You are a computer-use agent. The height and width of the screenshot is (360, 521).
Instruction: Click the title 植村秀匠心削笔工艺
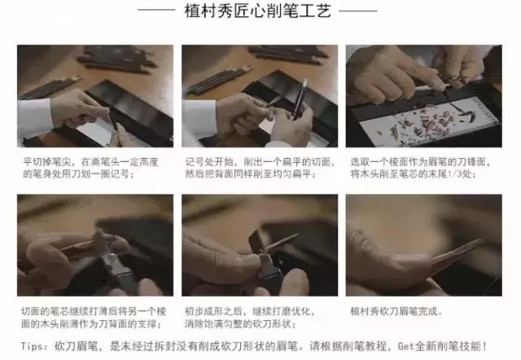tap(258, 11)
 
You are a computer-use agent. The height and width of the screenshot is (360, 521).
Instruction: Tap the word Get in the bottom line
tap(405, 346)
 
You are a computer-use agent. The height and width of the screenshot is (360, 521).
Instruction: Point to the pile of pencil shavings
tap(429, 124)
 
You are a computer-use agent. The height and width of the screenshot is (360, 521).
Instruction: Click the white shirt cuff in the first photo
tap(34, 119)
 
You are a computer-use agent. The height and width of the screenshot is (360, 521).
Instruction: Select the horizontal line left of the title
tap(156, 11)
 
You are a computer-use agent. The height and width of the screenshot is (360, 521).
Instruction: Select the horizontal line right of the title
tap(358, 11)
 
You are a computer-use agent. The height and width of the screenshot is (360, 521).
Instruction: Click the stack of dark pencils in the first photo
tap(117, 59)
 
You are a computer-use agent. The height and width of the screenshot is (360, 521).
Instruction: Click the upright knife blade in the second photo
tap(300, 98)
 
